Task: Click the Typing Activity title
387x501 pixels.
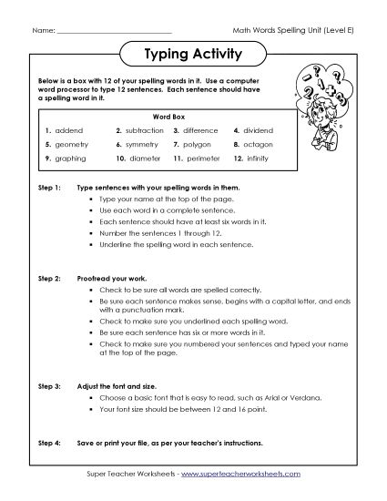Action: [193, 53]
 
